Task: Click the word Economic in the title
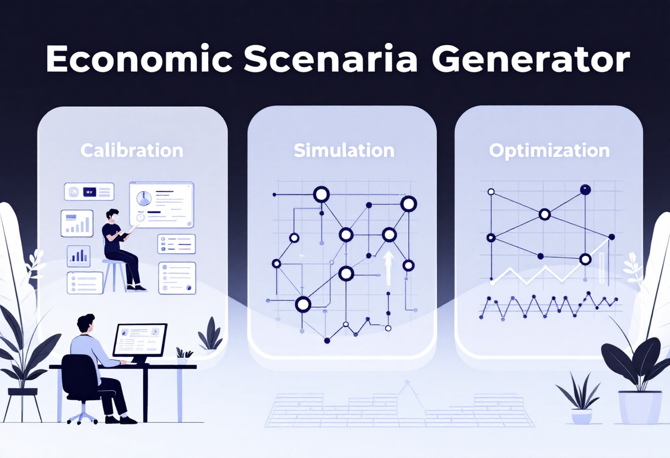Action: [137, 59]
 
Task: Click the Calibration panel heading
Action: [132, 150]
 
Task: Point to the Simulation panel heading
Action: [344, 150]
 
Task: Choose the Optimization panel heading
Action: [549, 151]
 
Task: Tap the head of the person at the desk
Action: [86, 323]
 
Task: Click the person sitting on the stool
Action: [119, 248]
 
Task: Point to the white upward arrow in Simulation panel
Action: [388, 267]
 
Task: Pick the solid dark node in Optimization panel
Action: [585, 190]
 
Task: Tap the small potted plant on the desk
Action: [183, 356]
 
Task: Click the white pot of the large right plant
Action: [640, 406]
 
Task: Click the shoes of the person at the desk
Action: [121, 419]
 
